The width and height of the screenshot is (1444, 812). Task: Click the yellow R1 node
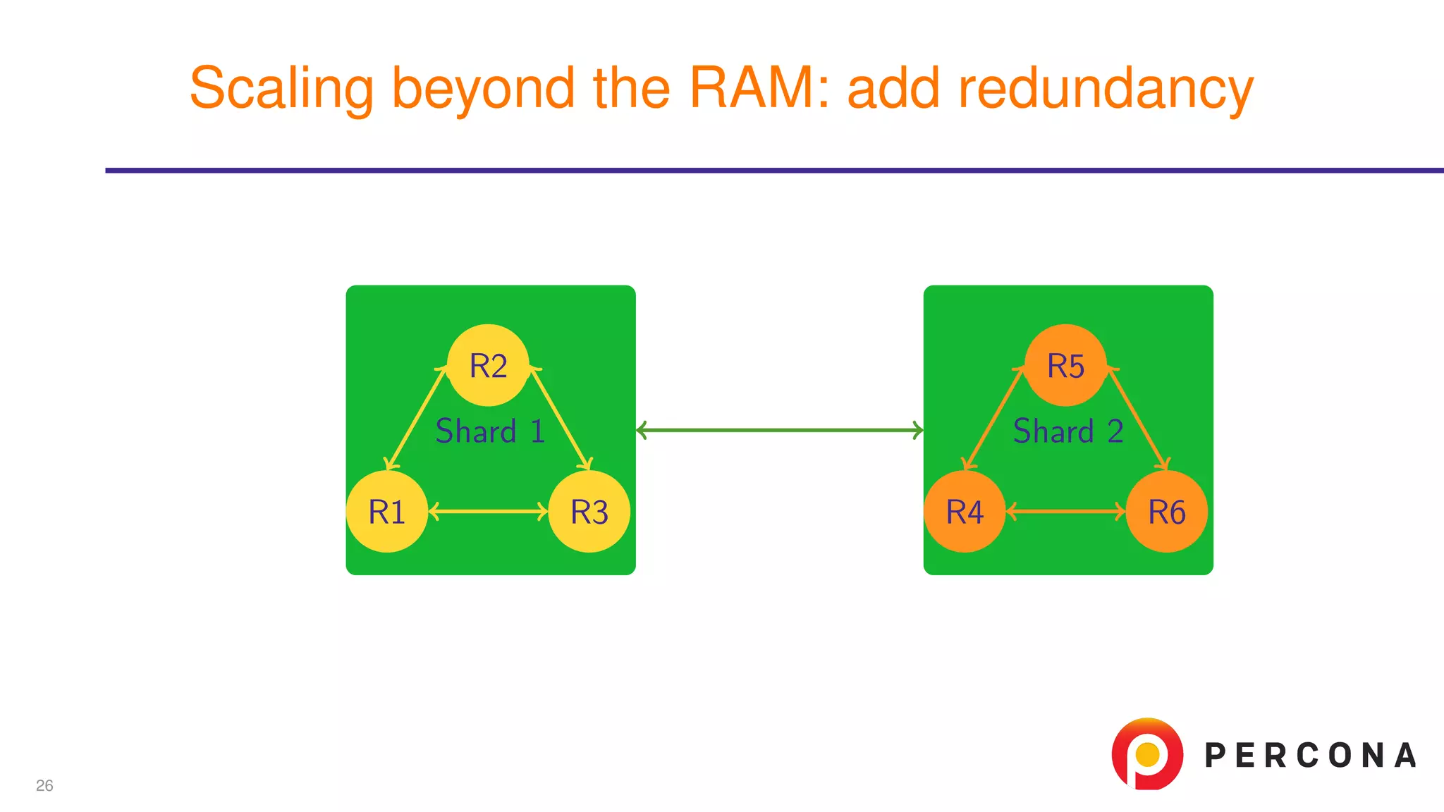386,512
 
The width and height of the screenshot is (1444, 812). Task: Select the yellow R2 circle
488,365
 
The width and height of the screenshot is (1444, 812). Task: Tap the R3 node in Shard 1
589,512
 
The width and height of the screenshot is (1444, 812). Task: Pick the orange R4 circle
964,512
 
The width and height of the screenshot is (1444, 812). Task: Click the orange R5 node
1065,365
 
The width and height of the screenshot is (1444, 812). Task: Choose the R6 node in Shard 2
1166,512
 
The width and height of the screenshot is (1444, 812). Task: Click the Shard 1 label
490,431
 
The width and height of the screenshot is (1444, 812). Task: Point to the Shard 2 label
1067,431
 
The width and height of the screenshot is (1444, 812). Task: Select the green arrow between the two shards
779,430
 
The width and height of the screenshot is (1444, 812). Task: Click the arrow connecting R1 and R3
488,512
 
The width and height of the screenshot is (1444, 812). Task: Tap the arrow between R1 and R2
417,419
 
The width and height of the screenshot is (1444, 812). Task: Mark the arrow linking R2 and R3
560,419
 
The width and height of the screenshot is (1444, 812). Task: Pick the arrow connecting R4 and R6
1065,512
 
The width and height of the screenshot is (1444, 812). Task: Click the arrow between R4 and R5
994,419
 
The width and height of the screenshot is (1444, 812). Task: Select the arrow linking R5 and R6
1137,419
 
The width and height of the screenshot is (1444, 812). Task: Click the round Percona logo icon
1147,753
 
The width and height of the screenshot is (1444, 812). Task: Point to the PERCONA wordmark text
1310,756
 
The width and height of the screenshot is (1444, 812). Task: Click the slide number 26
44,785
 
